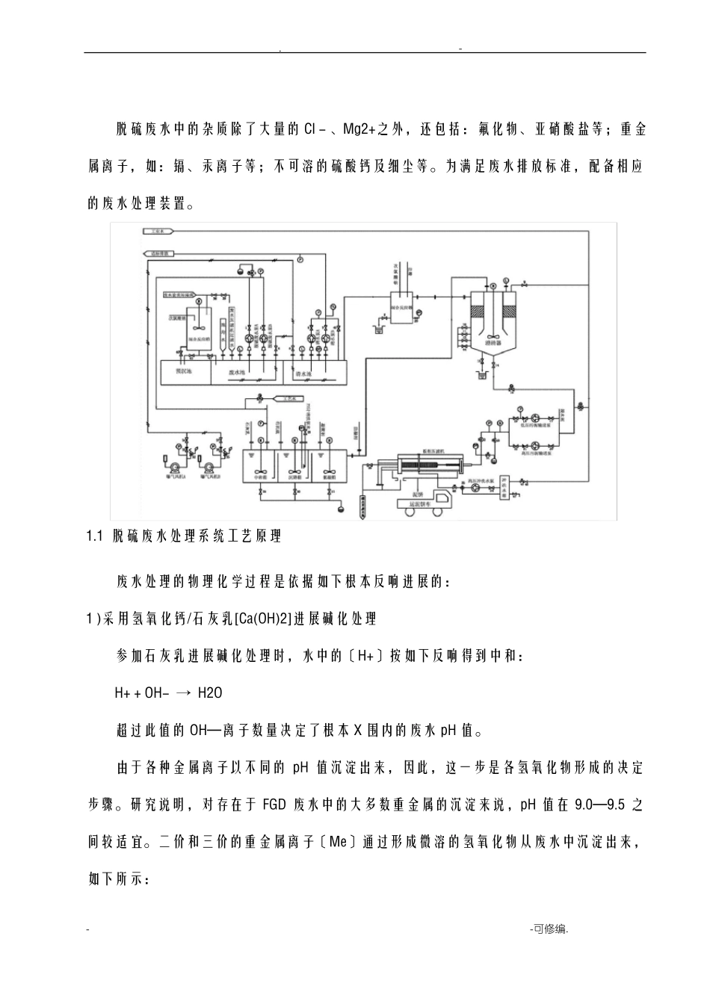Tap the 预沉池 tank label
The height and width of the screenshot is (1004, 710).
coord(183,370)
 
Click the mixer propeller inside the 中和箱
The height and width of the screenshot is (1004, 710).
coord(259,472)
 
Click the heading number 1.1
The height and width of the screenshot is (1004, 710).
coord(94,536)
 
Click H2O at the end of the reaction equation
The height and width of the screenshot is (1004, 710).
coord(210,693)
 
